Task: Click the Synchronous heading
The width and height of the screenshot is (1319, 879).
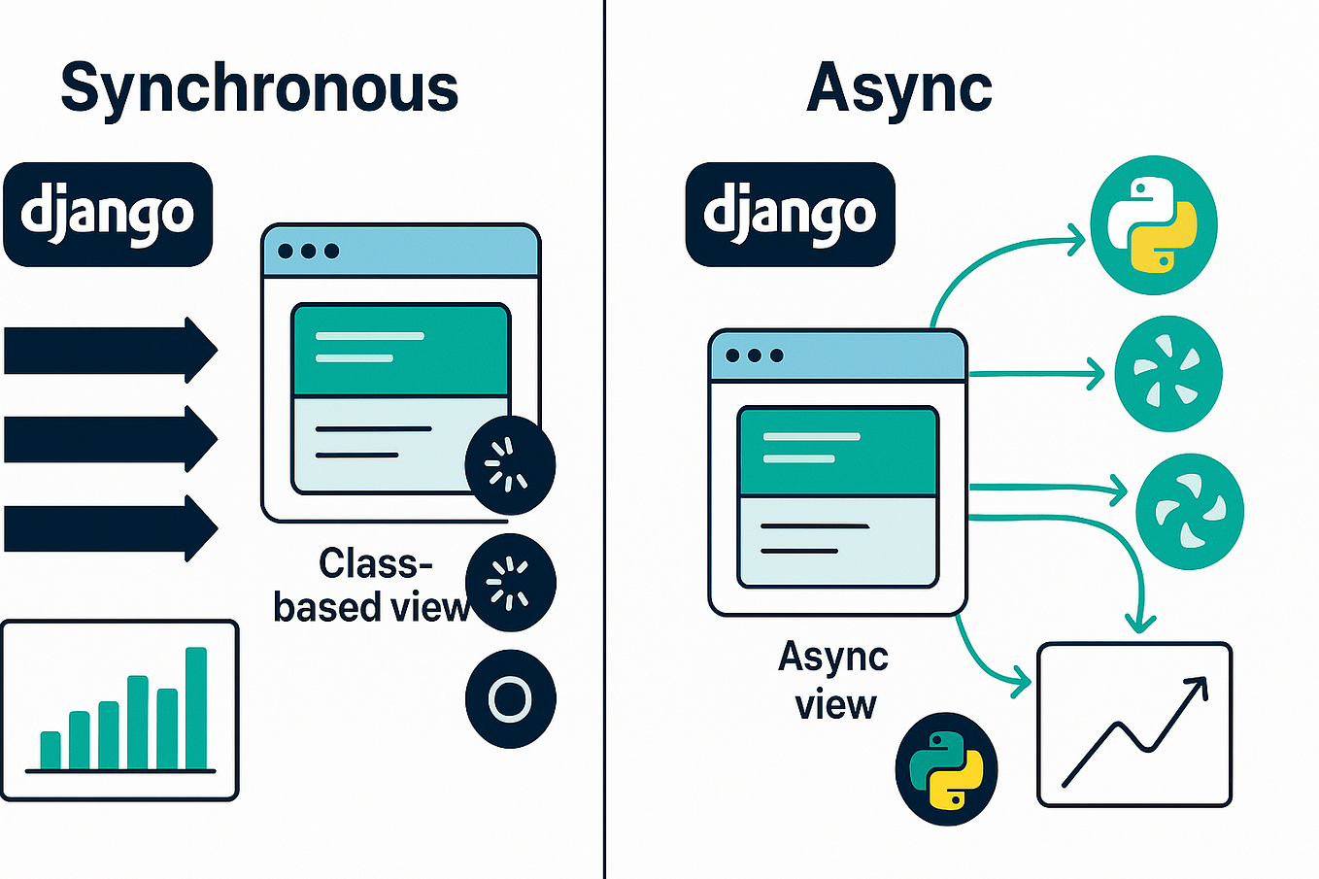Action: coord(259,89)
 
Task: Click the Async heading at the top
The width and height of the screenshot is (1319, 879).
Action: coord(899,89)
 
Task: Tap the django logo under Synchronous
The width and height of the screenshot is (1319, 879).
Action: coord(108,215)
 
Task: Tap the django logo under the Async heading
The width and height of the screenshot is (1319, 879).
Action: coord(790,215)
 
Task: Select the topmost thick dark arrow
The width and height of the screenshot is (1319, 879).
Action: coord(109,351)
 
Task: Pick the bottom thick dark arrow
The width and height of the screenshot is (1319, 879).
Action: coord(109,528)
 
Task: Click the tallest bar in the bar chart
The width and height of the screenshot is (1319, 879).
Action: coord(196,708)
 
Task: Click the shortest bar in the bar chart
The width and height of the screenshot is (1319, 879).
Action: coord(51,750)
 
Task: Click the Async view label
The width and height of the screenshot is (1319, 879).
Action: coord(834,680)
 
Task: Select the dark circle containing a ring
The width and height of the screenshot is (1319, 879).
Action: coord(511,699)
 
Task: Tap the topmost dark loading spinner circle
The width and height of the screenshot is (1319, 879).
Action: coord(510,465)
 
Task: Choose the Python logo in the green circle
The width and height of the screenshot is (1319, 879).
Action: coord(1154,224)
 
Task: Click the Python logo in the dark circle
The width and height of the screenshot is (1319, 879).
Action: coord(946,769)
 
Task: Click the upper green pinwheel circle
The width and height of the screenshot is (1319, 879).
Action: coord(1167,374)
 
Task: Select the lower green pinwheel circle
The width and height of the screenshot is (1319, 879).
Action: coord(1190,511)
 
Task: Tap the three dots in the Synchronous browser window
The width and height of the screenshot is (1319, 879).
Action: coord(308,252)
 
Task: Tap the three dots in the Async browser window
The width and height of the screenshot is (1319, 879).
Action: coord(755,355)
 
